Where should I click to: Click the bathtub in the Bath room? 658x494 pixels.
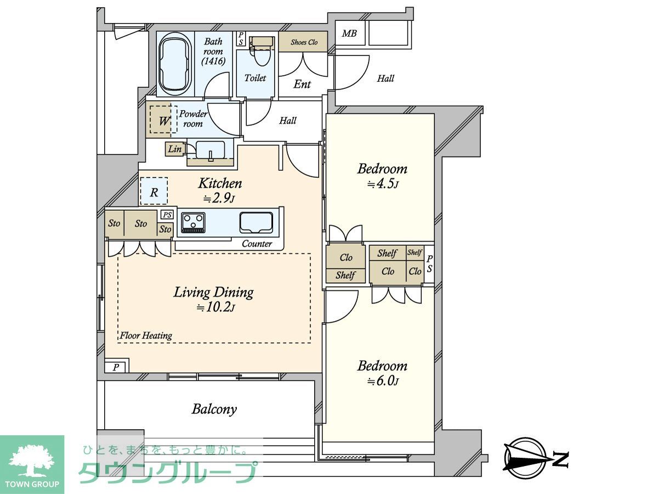[175, 64]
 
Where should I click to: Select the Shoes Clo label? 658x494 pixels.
[304, 42]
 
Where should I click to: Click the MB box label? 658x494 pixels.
[349, 33]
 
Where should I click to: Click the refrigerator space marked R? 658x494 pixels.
[154, 192]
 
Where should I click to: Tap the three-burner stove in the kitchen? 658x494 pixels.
[194, 223]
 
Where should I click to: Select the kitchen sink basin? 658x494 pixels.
[256, 223]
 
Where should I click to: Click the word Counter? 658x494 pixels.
[257, 244]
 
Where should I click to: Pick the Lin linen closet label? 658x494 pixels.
[175, 149]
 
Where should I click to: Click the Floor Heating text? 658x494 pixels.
[146, 335]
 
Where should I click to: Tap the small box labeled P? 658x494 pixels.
[116, 367]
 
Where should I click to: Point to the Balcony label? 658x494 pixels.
[214, 409]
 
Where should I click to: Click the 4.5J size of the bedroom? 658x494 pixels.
[383, 184]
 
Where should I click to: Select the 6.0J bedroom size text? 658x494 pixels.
[383, 381]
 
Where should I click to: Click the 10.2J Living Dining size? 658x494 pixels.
[215, 307]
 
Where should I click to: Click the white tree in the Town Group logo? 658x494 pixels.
[32, 462]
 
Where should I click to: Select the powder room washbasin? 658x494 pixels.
[210, 149]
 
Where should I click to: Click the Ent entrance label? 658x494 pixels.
[302, 84]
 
